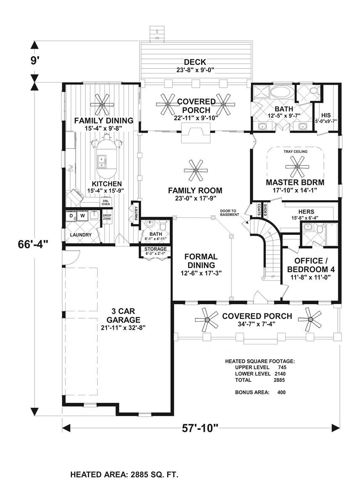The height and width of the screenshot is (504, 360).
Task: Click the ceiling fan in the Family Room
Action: pos(196,170)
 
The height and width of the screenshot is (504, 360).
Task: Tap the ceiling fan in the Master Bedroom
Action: pos(297,167)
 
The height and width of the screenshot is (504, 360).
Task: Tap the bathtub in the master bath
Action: pos(282,93)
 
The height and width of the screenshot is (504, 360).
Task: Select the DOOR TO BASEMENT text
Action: pos(229,212)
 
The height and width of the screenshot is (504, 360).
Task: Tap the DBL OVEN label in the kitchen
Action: pos(105,203)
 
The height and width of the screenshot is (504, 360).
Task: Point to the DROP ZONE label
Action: pos(107,217)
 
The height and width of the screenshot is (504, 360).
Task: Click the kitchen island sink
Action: pos(102,159)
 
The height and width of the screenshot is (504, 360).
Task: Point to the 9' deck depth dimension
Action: pos(34,60)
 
